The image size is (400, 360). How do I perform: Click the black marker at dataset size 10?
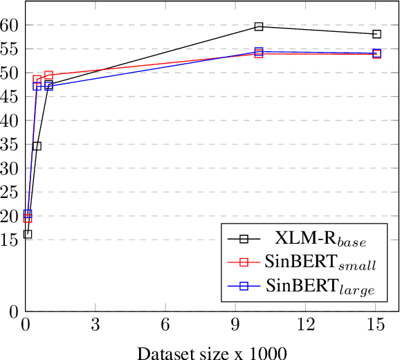(x=259, y=26)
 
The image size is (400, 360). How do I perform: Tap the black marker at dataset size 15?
(x=376, y=34)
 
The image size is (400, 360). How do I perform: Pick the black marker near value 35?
(x=37, y=146)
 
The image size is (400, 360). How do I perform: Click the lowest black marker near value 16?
(x=28, y=234)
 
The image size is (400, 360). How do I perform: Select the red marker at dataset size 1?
(x=48, y=75)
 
